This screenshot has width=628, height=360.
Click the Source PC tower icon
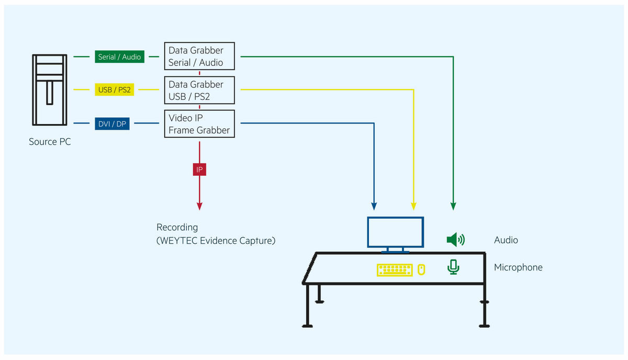coord(50,89)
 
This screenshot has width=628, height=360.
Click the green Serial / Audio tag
coord(120,57)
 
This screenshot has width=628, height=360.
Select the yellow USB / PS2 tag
coord(114,90)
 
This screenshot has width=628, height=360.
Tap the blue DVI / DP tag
coord(113,123)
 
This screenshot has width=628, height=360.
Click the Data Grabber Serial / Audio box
coord(199,57)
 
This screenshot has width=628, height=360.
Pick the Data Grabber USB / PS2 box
coord(199,90)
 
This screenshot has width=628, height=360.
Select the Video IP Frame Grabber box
coord(199,124)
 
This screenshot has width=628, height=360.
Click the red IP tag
coord(199,170)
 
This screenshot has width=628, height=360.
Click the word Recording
coord(177,228)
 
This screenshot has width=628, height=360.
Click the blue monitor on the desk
coord(395,232)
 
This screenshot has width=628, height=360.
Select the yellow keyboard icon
coord(395,269)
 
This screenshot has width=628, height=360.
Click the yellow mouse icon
coord(421,269)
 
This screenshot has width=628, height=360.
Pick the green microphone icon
coord(453,267)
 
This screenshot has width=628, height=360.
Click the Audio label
coord(506,240)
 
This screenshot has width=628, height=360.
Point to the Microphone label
coord(518,267)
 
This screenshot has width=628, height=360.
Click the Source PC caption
coord(50,142)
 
